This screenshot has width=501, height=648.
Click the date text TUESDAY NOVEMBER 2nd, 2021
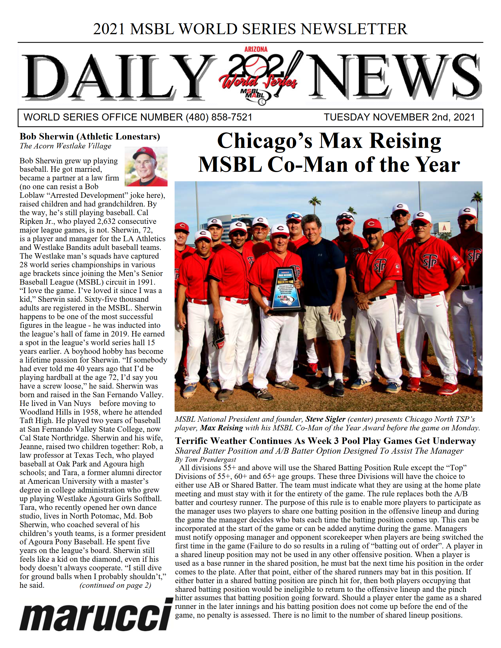399,117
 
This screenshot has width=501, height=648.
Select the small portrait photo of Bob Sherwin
146,166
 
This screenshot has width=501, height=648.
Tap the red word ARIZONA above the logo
256,49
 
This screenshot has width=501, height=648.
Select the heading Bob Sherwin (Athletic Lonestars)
90,136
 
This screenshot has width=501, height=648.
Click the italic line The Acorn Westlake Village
65,146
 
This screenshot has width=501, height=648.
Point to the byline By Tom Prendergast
205,460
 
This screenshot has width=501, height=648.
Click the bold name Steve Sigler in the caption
325,419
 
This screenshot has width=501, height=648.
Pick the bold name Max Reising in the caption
221,428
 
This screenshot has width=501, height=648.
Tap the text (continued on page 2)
115,585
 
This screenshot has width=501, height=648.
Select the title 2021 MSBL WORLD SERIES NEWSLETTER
250,29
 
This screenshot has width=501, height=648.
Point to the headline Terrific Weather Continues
325,441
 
